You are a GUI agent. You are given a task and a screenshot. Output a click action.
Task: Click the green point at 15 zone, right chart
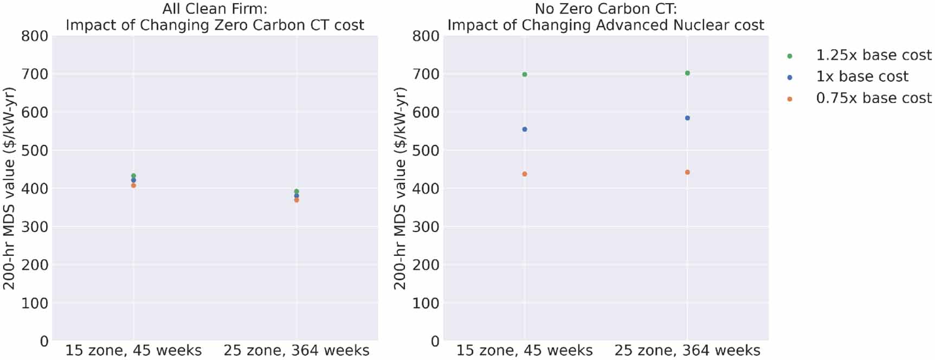pos(525,74)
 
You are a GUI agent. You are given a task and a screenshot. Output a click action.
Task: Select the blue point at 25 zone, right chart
pos(687,118)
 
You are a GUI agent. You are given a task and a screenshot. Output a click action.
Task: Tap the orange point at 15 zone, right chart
pos(525,174)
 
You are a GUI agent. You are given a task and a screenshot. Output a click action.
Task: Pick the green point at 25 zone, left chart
pos(296,191)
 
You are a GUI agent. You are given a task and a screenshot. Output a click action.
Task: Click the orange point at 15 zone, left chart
pos(133,185)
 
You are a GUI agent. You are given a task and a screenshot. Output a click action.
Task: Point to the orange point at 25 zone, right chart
pos(687,172)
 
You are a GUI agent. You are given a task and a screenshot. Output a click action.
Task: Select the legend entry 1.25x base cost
pos(873,55)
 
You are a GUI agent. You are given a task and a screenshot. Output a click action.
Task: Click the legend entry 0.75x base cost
pos(873,98)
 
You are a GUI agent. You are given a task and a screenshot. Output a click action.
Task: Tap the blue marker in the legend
pos(790,78)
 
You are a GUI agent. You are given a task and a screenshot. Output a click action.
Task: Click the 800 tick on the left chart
pos(35,36)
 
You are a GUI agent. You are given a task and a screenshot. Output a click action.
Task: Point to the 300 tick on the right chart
pos(425,227)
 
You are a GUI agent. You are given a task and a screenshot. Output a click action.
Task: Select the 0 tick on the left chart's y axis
pos(43,342)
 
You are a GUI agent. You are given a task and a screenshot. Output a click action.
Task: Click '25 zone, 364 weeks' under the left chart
pos(296,351)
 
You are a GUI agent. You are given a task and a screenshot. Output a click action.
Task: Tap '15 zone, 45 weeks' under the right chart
pos(525,351)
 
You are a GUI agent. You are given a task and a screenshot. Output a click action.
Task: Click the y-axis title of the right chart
pos(399,188)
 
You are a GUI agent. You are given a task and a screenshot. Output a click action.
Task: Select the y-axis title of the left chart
pos(9,188)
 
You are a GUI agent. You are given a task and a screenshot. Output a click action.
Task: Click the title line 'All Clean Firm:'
pos(215,9)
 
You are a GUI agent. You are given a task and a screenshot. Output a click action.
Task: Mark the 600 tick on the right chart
pos(425,112)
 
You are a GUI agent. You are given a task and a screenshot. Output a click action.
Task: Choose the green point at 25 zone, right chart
pos(687,73)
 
